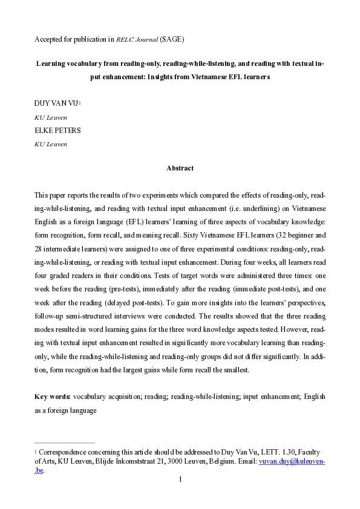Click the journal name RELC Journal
pos(137,40)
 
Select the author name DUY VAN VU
pos(56,104)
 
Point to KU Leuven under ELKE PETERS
pos(50,144)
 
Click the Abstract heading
pos(180,168)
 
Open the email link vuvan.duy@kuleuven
pos(292,461)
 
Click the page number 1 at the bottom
pos(180,480)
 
